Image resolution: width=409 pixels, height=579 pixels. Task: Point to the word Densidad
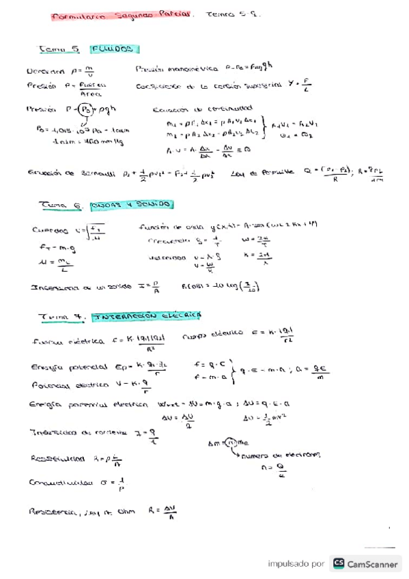click(x=46, y=70)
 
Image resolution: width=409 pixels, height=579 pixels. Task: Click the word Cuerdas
click(x=50, y=230)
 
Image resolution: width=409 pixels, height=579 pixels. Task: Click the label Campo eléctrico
click(x=213, y=334)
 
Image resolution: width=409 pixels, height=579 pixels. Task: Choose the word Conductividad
click(x=61, y=483)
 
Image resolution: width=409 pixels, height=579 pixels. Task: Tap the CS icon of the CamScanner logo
click(x=339, y=563)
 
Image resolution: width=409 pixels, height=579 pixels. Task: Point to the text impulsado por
click(x=296, y=564)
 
